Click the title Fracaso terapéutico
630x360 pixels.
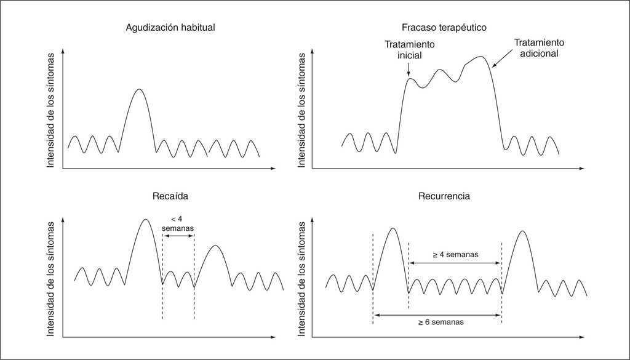pos(444,28)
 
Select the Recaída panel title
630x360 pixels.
pos(170,197)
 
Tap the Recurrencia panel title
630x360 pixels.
pos(444,197)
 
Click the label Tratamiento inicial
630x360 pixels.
pos(409,50)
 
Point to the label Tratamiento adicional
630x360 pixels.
pos(539,48)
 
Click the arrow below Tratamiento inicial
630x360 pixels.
pos(409,69)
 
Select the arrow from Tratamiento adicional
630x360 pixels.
pos(502,59)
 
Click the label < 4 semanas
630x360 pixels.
pos(178,223)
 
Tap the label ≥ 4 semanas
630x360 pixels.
pos(455,254)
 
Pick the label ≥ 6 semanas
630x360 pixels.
pos(439,322)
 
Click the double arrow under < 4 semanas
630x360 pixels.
pos(178,236)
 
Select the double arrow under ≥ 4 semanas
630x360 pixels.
pos(455,263)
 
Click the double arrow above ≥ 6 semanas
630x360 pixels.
pos(437,314)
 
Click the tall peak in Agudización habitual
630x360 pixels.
pos(139,90)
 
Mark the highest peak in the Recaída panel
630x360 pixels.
pos(145,220)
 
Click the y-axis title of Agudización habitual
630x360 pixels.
pos(51,111)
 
